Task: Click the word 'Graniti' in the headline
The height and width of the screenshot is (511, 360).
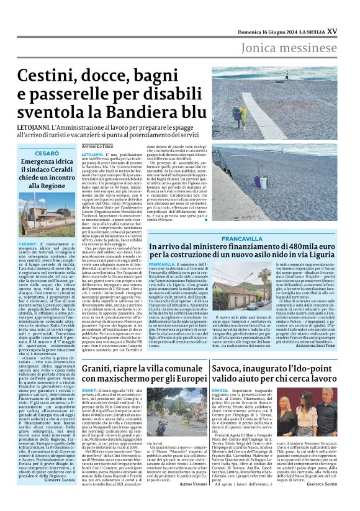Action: pyautogui.click(x=99, y=370)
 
